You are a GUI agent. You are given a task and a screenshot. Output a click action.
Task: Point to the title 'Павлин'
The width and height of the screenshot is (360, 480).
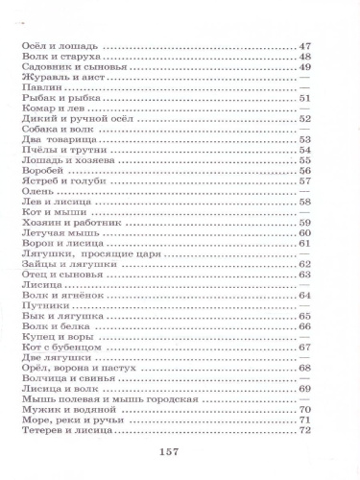[x=38, y=87]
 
